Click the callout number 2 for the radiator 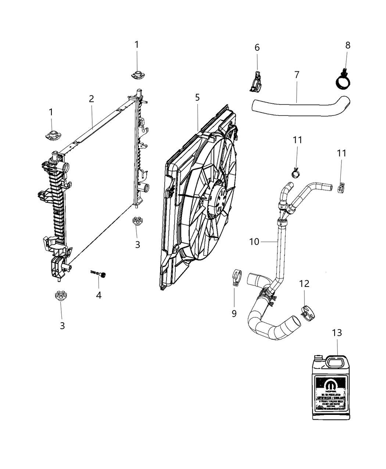pos(91,99)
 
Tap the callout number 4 pos(99,295)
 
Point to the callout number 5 pos(197,97)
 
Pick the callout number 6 pos(257,47)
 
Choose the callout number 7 pos(297,75)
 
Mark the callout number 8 pos(348,45)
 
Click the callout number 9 pos(234,313)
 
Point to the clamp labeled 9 pos(238,278)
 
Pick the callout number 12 pos(304,284)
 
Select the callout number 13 pos(337,333)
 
